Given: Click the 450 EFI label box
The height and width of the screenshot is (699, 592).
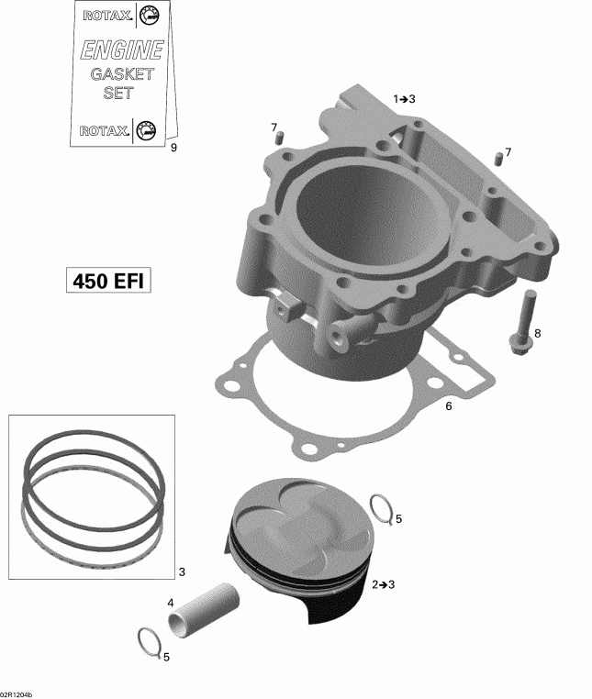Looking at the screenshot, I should pos(107,279).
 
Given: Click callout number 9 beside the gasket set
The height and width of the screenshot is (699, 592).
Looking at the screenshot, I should pos(174,146).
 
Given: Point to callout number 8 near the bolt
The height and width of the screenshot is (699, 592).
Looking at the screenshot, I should pos(538,333).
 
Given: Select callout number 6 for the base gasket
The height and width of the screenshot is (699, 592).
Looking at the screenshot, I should pos(449,405).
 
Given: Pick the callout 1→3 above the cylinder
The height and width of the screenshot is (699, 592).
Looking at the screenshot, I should pos(405,98).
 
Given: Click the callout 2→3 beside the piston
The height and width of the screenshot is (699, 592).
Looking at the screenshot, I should pos(383,583).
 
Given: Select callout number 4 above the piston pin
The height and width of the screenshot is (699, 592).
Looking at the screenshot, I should pos(171,603).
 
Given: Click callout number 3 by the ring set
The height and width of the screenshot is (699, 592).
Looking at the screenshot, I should pos(182,571).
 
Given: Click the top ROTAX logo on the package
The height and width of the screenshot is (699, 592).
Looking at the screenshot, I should pos(120,16).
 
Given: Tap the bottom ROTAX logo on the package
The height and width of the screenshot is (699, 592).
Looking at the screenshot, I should pos(120,130).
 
